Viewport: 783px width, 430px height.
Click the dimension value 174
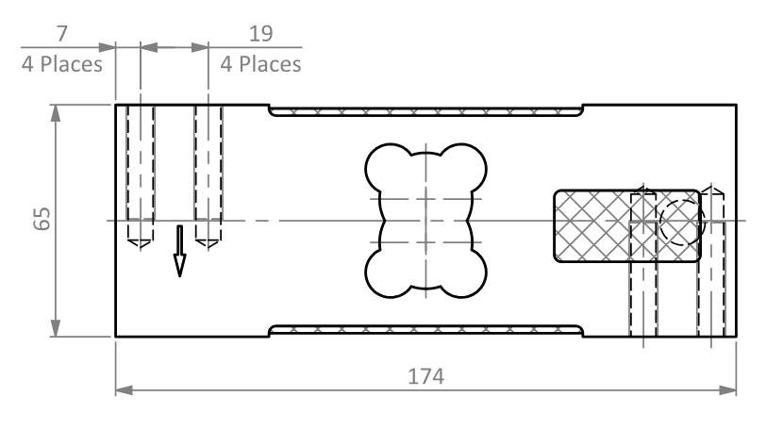point(425,376)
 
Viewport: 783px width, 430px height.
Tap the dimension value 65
point(42,218)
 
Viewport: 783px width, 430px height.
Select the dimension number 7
point(62,33)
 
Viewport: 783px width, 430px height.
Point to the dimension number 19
point(260,33)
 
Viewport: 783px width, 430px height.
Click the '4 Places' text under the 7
point(62,64)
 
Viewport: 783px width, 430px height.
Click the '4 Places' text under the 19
point(260,64)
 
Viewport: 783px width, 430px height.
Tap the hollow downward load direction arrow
point(179,251)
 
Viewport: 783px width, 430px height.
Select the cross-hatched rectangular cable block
point(627,225)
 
